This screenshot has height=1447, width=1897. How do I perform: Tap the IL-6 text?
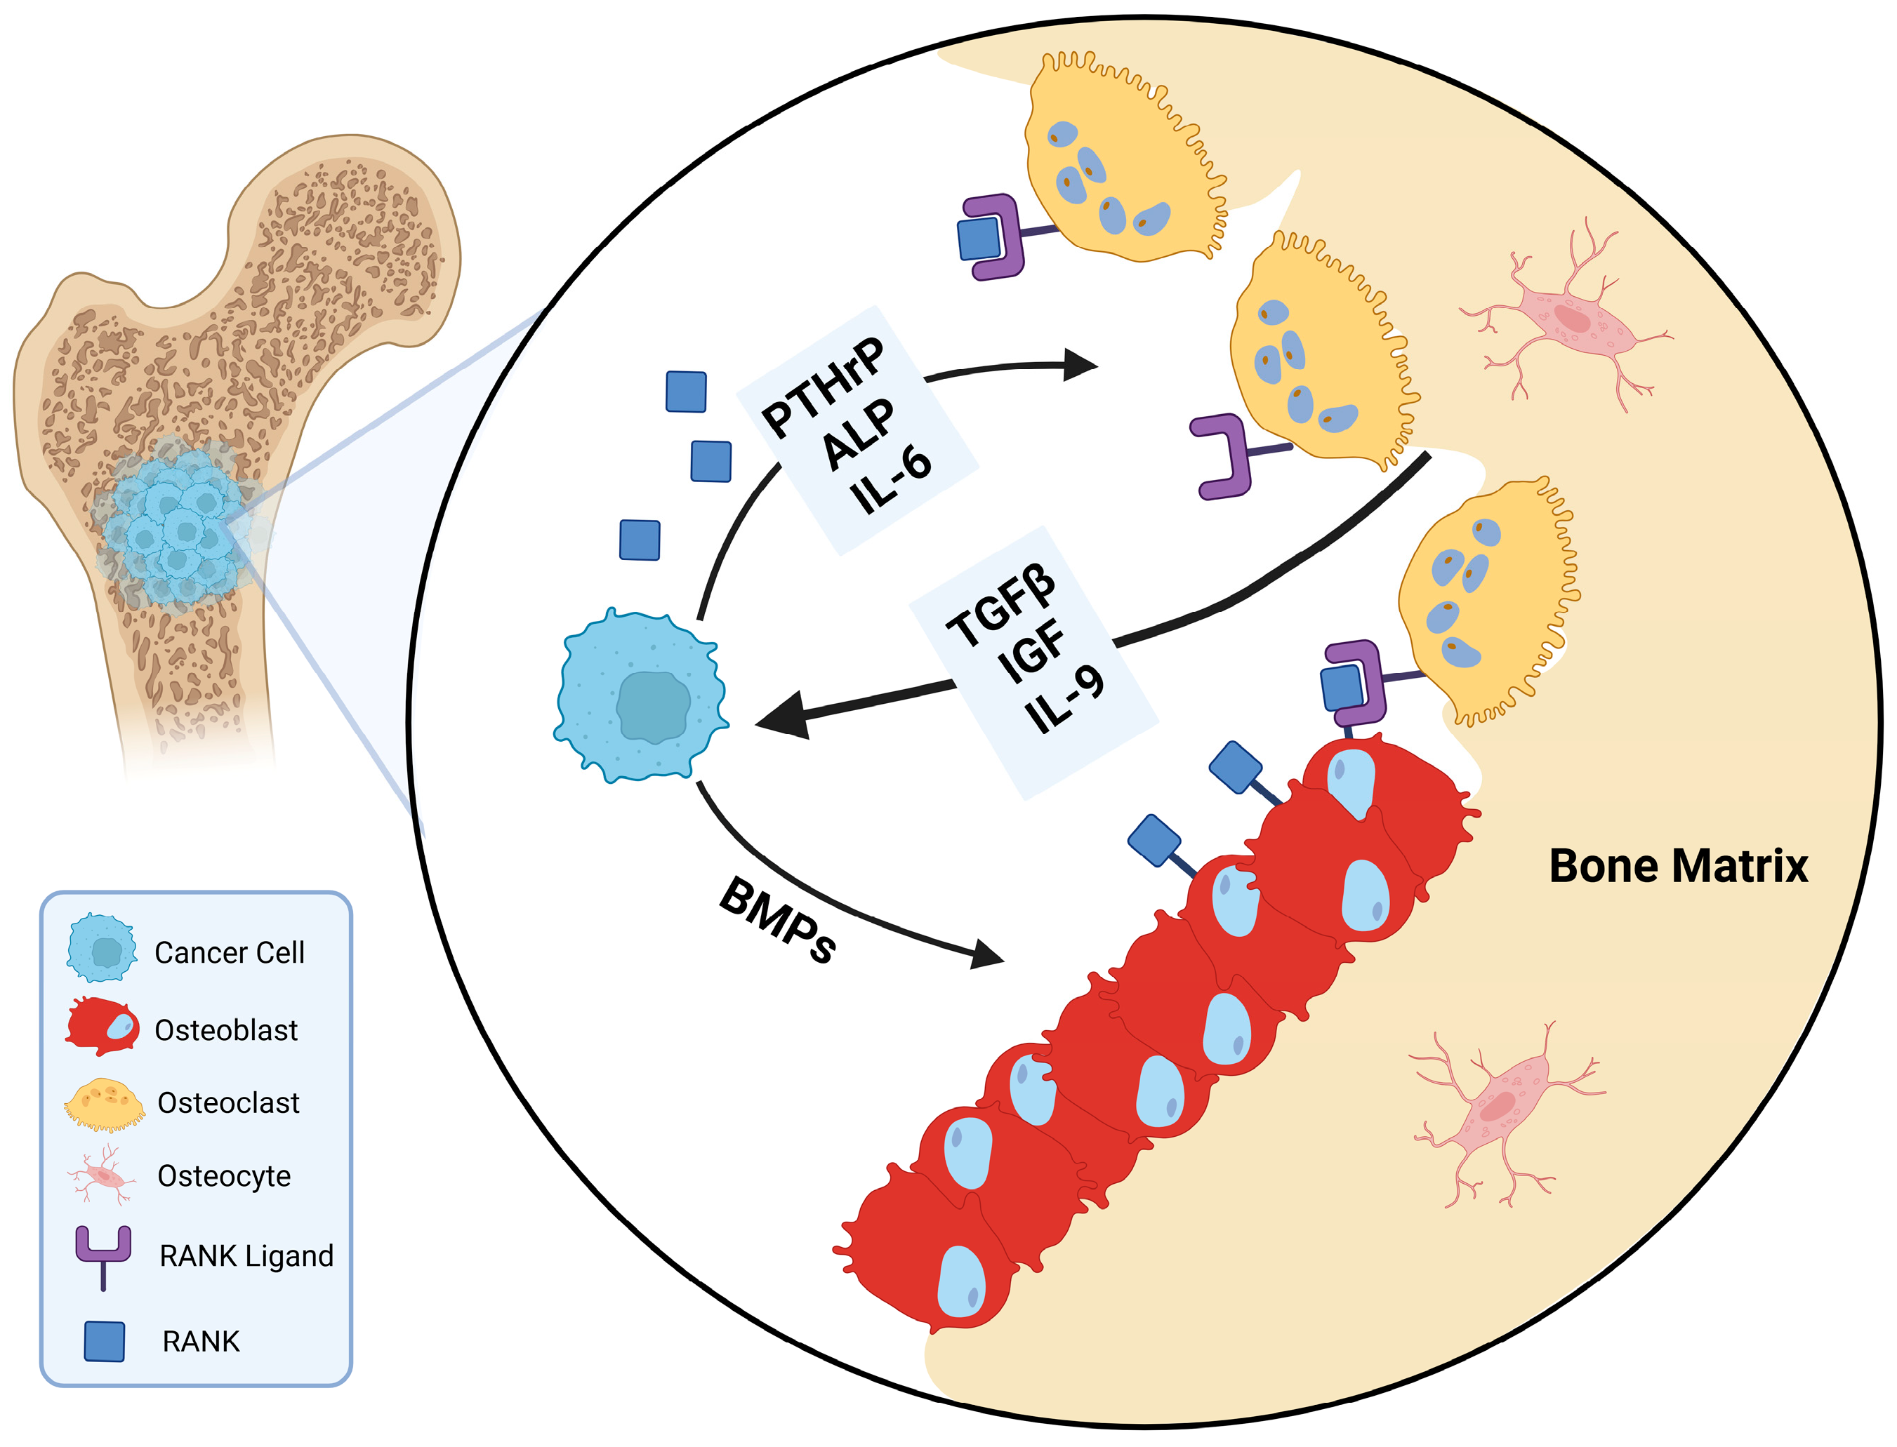(890, 481)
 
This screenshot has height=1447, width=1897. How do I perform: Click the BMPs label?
(777, 921)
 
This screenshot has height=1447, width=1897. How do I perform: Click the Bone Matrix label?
(1677, 867)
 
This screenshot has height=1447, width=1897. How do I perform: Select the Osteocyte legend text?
(224, 1175)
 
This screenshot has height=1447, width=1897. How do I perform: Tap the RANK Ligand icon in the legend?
(103, 1256)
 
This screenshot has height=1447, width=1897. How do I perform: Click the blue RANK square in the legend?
(104, 1341)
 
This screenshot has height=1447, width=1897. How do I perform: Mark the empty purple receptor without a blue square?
(1223, 457)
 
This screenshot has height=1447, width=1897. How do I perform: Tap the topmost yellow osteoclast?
(1120, 164)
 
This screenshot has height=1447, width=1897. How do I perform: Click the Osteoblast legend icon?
(103, 1027)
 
